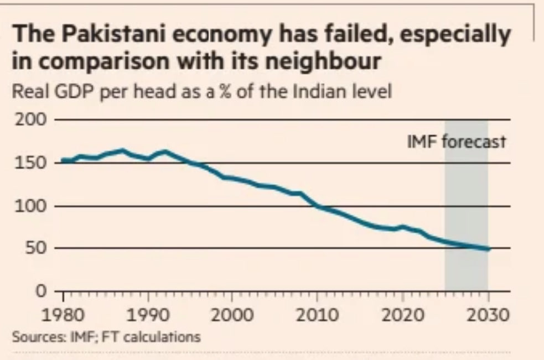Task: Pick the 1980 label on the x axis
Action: pos(63,316)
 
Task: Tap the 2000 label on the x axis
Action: pos(231,316)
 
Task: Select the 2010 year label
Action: pos(317,316)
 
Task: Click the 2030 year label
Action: pos(487,316)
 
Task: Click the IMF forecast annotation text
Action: pos(457,142)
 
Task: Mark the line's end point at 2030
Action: pos(488,249)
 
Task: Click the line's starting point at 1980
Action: pos(63,161)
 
